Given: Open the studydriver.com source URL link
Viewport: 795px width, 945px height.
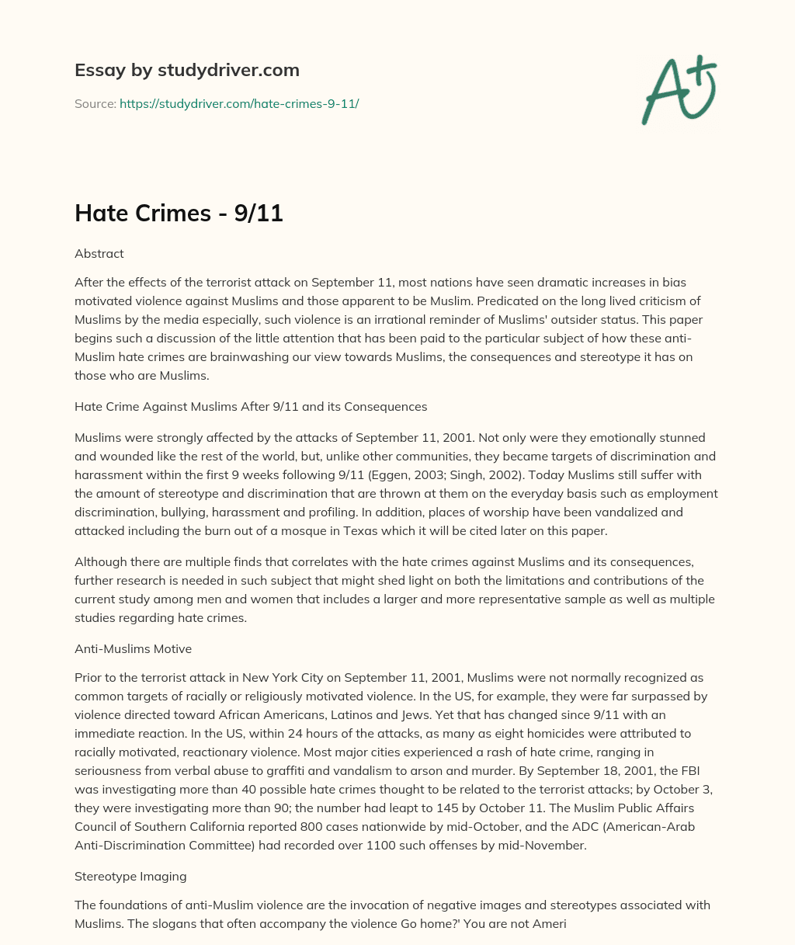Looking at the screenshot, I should point(238,103).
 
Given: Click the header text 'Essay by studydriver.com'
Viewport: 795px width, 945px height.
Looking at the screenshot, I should point(186,70).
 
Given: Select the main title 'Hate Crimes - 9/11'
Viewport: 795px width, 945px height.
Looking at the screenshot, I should point(179,214).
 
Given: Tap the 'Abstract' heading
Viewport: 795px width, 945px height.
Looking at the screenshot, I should point(99,253).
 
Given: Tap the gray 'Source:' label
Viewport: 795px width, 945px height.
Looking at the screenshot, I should point(95,103).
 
